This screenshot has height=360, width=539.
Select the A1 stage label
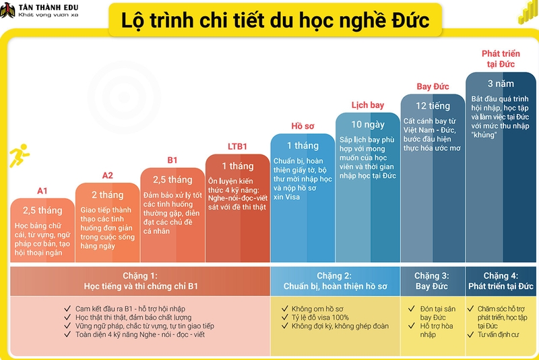click(42, 190)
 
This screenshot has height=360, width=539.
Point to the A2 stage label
click(108, 175)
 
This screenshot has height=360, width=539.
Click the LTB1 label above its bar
click(237, 146)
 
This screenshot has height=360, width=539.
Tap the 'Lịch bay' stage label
click(368, 105)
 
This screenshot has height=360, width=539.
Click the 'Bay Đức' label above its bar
click(433, 86)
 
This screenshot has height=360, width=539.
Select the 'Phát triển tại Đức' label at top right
click(499, 58)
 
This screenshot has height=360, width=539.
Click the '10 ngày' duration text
click(368, 124)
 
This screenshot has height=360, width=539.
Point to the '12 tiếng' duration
click(433, 106)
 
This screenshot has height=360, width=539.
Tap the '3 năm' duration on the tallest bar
click(500, 84)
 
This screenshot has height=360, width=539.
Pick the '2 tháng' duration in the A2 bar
click(108, 195)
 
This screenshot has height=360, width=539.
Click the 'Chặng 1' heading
click(139, 276)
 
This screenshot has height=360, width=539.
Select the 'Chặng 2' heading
click(334, 276)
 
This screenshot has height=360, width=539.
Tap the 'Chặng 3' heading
click(432, 276)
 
